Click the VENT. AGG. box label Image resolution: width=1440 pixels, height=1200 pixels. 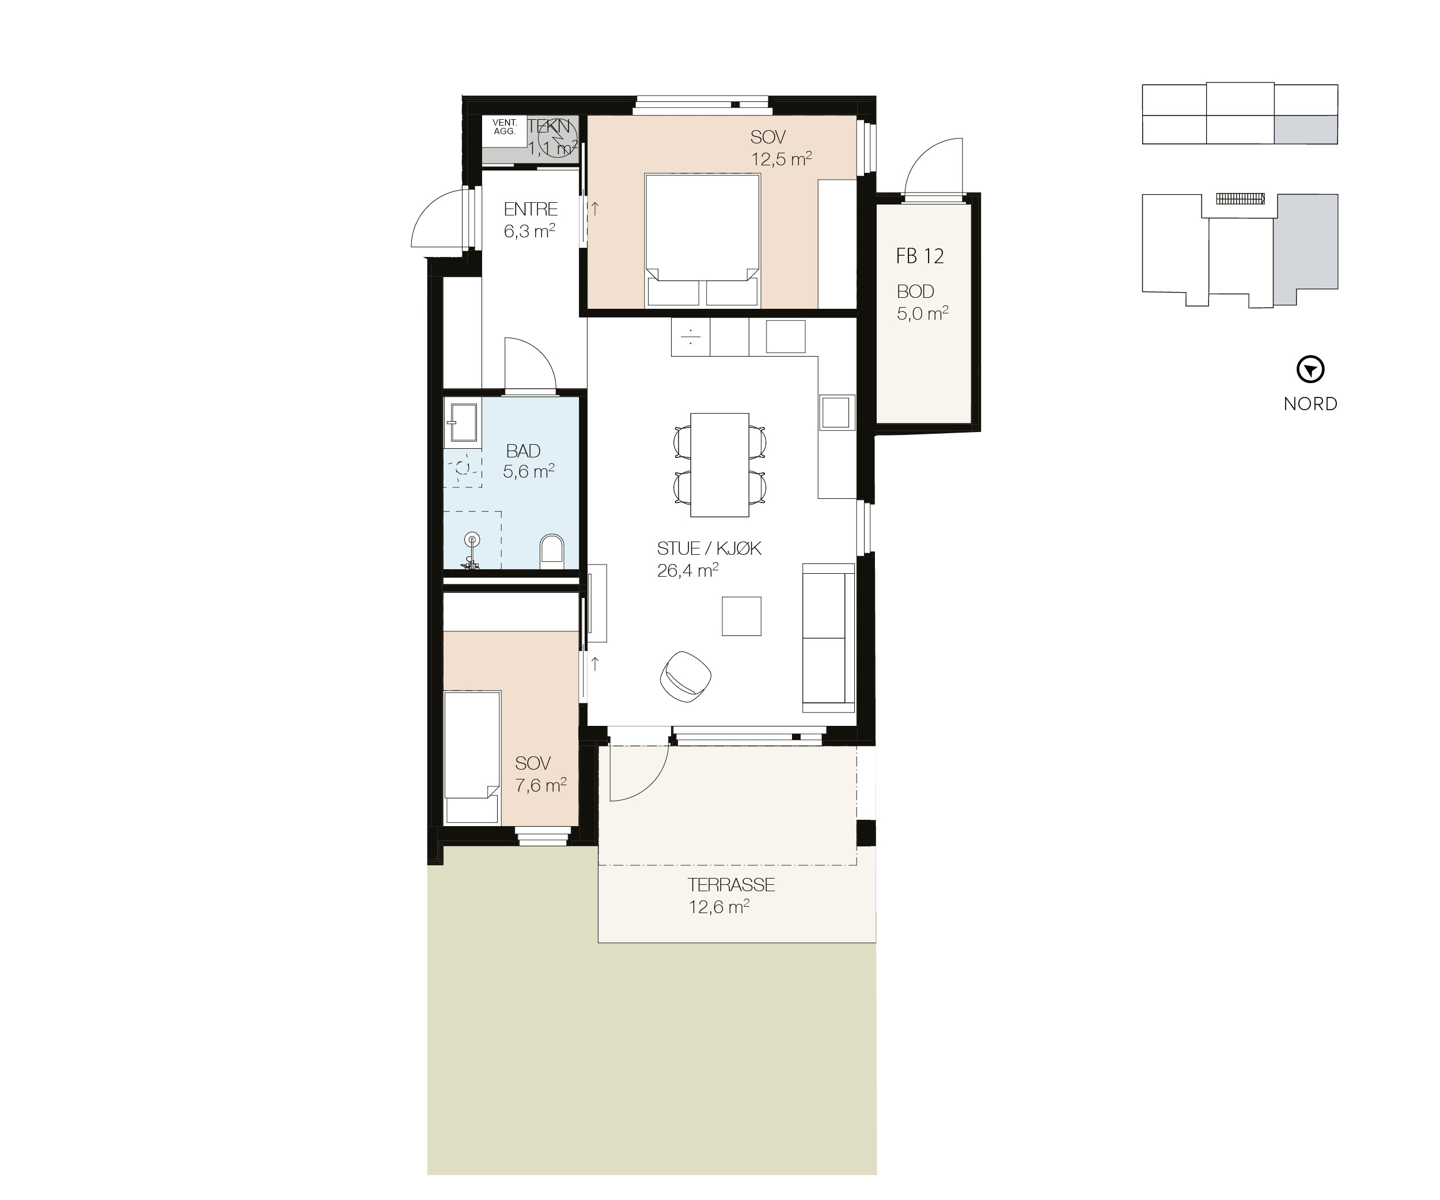pos(504,127)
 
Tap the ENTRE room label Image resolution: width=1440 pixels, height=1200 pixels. pos(530,209)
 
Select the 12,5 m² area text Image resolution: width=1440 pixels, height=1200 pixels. pos(781,160)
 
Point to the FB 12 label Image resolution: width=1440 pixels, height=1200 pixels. pos(919,256)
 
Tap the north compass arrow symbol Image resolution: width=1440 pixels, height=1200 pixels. pos(1310,370)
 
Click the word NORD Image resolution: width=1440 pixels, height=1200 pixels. pos(1310,404)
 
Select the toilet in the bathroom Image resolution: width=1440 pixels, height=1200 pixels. pos(551,550)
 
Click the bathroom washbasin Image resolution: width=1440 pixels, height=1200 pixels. pos(463,422)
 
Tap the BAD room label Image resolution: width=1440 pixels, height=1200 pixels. pos(523,451)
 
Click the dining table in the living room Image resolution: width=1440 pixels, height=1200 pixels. pos(719,464)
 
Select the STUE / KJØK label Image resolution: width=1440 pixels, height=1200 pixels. pos(709,548)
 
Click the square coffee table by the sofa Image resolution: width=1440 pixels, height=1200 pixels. pos(741,616)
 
